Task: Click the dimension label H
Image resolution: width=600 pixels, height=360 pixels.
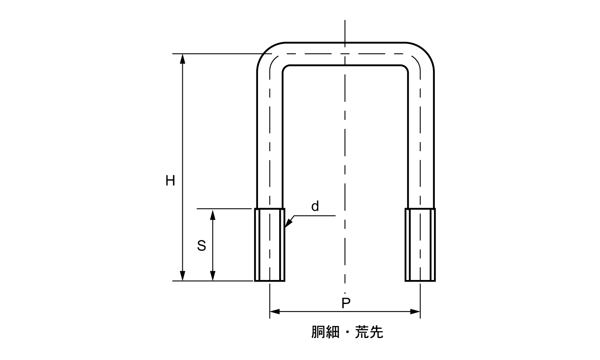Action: pyautogui.click(x=170, y=181)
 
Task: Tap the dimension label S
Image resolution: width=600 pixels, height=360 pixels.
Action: pyautogui.click(x=201, y=246)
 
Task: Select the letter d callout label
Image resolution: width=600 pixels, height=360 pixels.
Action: pyautogui.click(x=315, y=206)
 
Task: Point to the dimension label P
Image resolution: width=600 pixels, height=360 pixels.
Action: pyautogui.click(x=346, y=303)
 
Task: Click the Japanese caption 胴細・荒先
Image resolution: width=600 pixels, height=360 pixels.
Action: pyautogui.click(x=347, y=332)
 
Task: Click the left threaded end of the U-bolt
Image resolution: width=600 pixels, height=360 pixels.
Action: pyautogui.click(x=270, y=245)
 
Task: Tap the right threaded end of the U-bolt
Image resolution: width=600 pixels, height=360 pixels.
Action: pyautogui.click(x=420, y=245)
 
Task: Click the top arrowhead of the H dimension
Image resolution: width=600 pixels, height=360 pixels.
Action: pyautogui.click(x=183, y=58)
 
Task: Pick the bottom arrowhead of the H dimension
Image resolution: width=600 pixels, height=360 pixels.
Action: pyautogui.click(x=183, y=276)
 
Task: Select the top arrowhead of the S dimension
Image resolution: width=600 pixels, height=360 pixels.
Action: pyautogui.click(x=213, y=214)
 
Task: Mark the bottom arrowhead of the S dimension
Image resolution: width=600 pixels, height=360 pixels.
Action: pyautogui.click(x=213, y=276)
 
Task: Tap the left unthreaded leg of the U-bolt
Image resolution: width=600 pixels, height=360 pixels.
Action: pyautogui.click(x=270, y=140)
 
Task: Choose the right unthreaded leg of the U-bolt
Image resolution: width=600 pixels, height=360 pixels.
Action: pyautogui.click(x=421, y=140)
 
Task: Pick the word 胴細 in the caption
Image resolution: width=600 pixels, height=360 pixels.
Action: pyautogui.click(x=325, y=332)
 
